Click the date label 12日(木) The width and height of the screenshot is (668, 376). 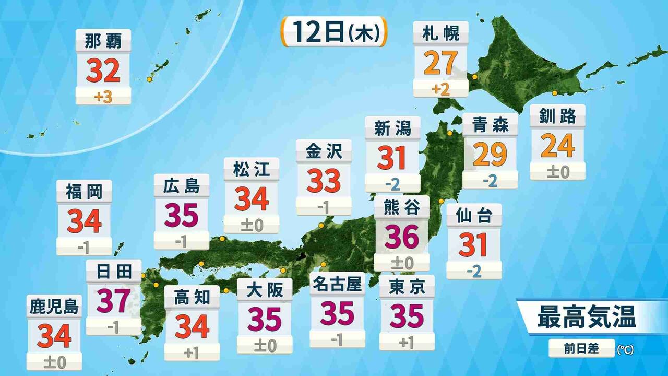point(335,32)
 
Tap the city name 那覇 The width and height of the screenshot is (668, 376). point(103,40)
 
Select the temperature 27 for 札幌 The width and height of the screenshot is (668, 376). point(440,63)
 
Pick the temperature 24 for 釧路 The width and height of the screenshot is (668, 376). point(557,146)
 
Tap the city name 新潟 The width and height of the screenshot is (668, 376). point(392,128)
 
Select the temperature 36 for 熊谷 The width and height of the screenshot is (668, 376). point(402,237)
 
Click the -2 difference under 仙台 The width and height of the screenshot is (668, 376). point(474,271)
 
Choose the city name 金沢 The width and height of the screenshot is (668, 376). point(324,151)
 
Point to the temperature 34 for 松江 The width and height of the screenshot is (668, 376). point(252,199)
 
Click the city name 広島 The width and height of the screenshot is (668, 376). point(181,185)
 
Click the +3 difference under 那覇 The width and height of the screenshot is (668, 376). point(103,97)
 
